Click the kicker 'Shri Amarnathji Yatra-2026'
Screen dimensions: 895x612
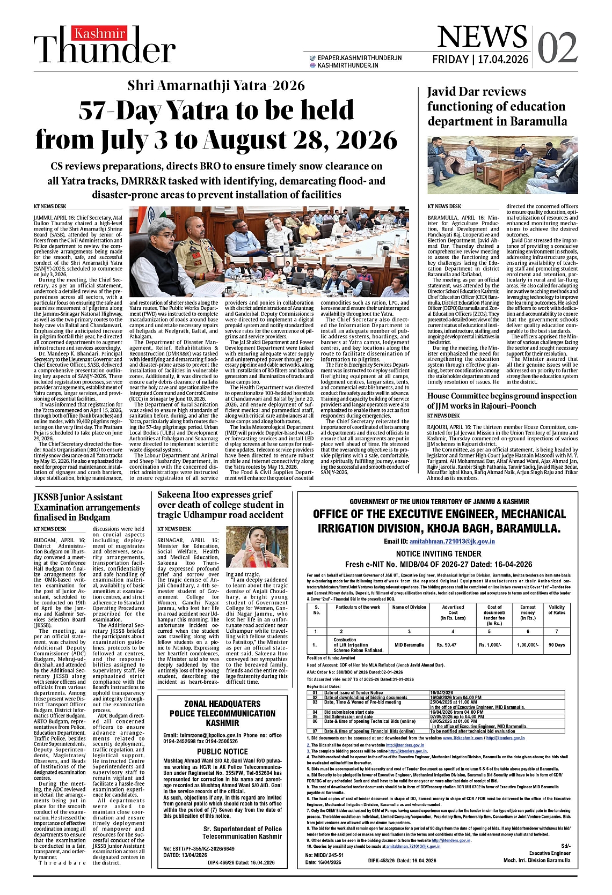(x=216, y=86)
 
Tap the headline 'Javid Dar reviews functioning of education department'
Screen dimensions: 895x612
(x=497, y=106)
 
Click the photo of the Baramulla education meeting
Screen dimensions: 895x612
(x=502, y=167)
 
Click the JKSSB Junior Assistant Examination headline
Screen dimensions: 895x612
(x=86, y=507)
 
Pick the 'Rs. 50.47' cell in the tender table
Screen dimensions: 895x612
(x=446, y=645)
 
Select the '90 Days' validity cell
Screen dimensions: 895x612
(x=557, y=645)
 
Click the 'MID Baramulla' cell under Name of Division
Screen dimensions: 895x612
(x=409, y=645)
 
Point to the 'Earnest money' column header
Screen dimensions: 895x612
(x=528, y=612)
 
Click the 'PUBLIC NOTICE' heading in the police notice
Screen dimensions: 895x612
(x=222, y=751)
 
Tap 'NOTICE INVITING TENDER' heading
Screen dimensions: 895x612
(x=439, y=553)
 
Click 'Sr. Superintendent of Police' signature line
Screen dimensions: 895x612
(x=243, y=829)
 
